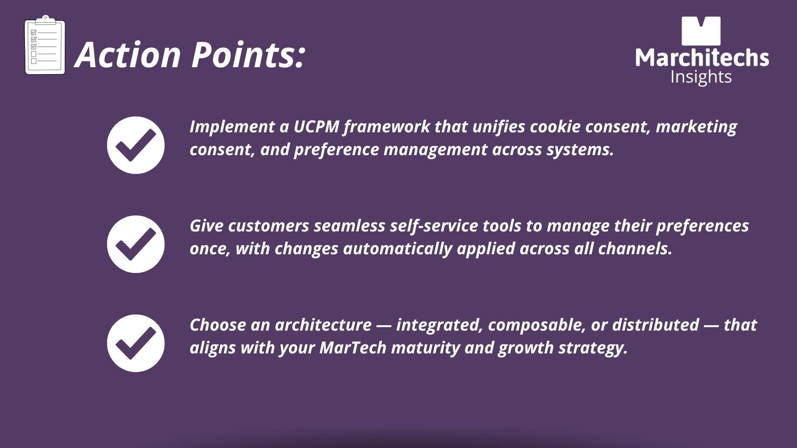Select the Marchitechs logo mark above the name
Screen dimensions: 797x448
701,31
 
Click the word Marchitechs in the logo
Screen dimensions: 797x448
702,57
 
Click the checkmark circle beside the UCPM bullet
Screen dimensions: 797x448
136,145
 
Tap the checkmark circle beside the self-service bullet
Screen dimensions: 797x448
136,244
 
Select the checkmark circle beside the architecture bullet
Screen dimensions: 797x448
136,343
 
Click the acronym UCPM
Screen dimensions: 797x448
316,127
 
